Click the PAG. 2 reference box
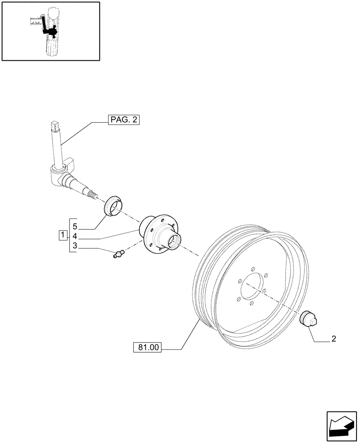pos(124,120)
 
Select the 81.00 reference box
pos(148,348)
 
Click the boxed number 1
pos(63,234)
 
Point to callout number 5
pos(75,225)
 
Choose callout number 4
pos(75,236)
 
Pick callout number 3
pos(75,246)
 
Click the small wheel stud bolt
pos(118,253)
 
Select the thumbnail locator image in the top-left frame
pos(50,31)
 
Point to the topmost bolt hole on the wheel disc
pos(253,268)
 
